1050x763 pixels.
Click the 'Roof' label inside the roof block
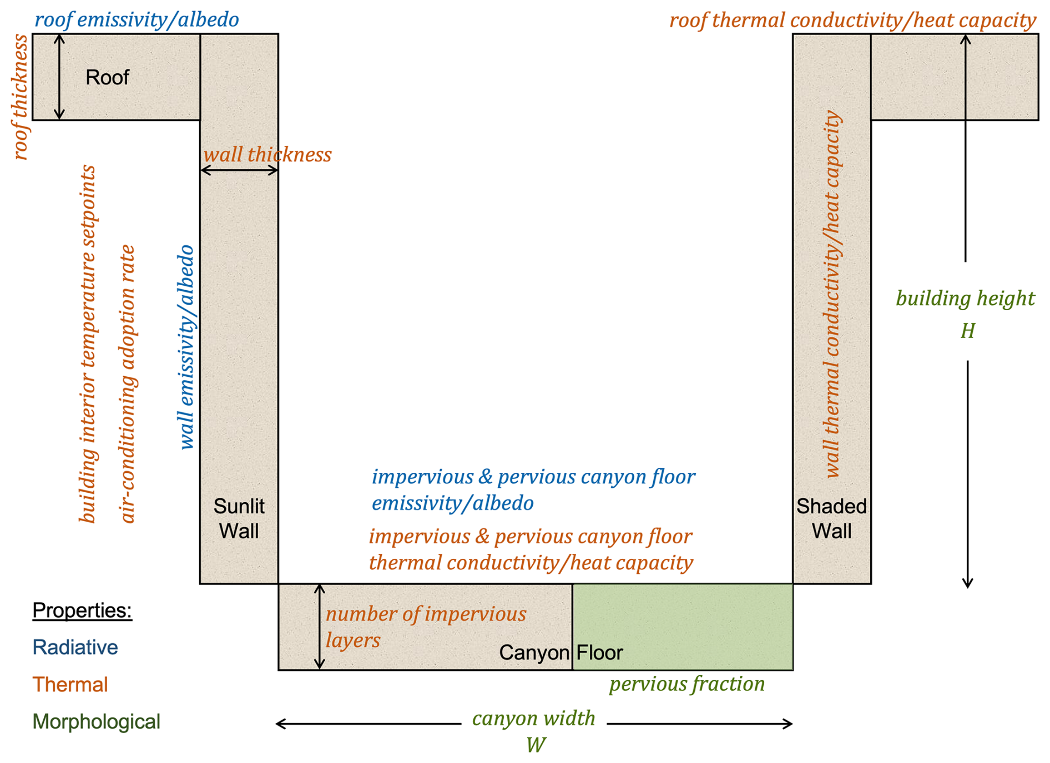tap(107, 77)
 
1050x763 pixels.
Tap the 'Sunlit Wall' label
tap(239, 518)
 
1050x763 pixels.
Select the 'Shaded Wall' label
tap(831, 518)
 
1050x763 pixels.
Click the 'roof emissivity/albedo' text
tap(137, 20)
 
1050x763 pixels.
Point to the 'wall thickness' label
tap(267, 155)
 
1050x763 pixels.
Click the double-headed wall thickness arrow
tap(239, 171)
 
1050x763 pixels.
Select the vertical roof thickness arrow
tap(59, 77)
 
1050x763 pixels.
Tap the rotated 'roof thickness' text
tap(21, 97)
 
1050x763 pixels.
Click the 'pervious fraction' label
tap(686, 684)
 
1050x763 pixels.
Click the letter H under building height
tap(967, 331)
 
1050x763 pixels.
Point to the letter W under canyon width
tap(536, 745)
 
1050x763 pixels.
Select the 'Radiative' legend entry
tap(75, 648)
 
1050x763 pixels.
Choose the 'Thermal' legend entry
tap(70, 685)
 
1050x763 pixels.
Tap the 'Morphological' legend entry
tap(96, 722)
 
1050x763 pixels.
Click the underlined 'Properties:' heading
tap(82, 610)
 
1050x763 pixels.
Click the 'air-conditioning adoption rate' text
tap(128, 383)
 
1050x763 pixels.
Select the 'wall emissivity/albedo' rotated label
tap(186, 347)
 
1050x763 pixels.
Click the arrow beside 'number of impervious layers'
tap(319, 626)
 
